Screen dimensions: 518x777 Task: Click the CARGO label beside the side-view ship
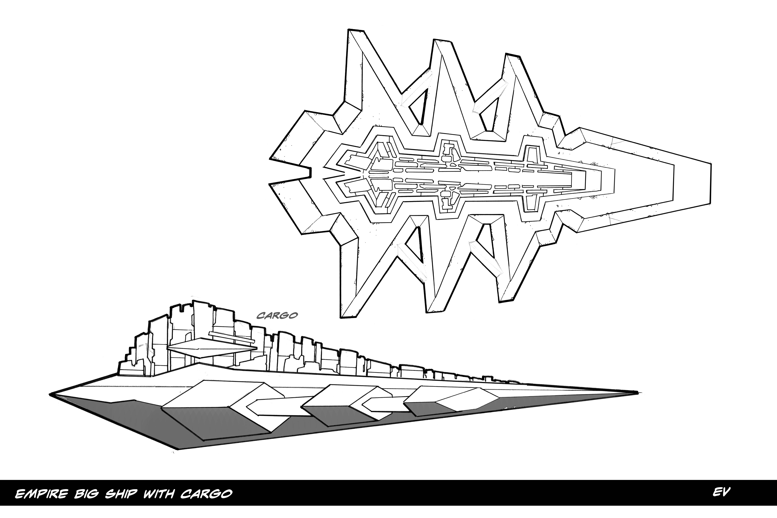pos(277,316)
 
